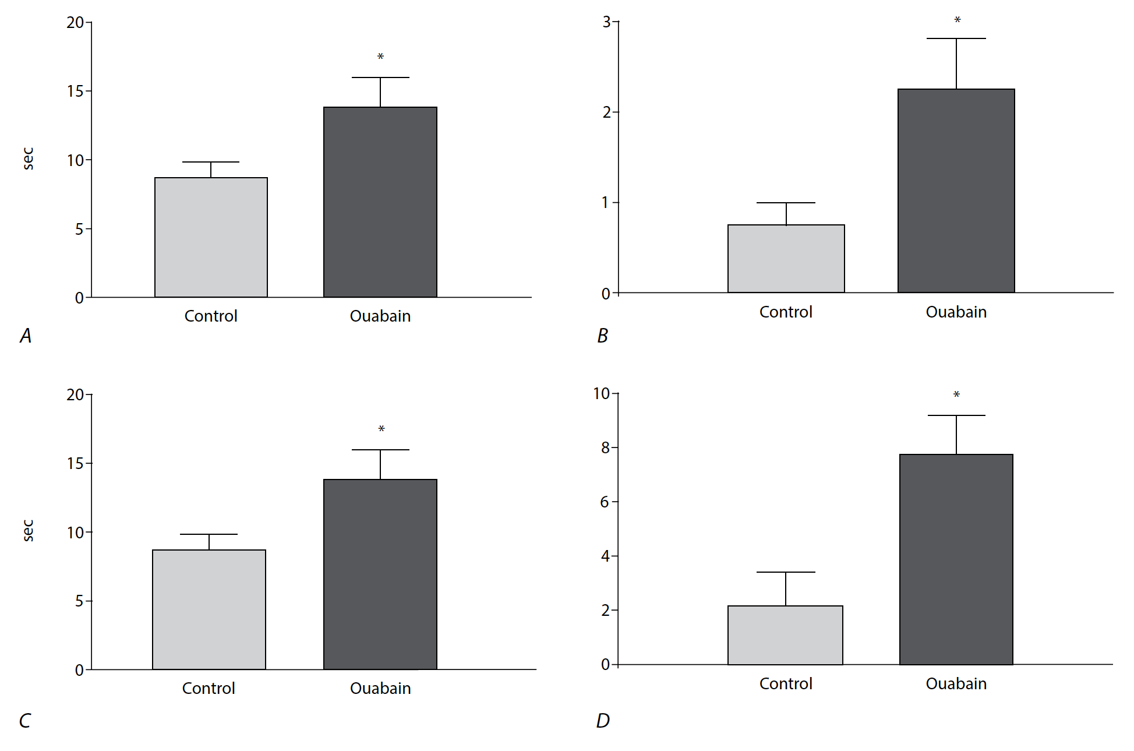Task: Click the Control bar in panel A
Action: click(211, 237)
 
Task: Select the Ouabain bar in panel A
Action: click(380, 202)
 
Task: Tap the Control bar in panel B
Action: click(786, 258)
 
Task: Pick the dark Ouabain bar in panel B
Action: click(956, 191)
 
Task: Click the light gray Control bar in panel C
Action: click(209, 609)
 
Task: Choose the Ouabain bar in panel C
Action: click(380, 574)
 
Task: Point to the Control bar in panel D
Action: click(785, 635)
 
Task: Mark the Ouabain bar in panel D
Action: click(956, 559)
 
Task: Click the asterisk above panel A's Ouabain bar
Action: click(380, 57)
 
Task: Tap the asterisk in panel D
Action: click(956, 395)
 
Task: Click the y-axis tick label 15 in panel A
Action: click(75, 91)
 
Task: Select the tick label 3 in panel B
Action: click(606, 22)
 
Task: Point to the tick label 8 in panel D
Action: click(606, 447)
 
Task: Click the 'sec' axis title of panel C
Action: click(28, 530)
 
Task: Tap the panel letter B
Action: click(602, 336)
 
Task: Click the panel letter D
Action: click(603, 721)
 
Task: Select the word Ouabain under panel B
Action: click(956, 312)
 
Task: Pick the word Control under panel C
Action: click(209, 688)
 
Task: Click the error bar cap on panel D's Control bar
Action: click(785, 572)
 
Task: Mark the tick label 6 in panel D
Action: click(606, 502)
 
